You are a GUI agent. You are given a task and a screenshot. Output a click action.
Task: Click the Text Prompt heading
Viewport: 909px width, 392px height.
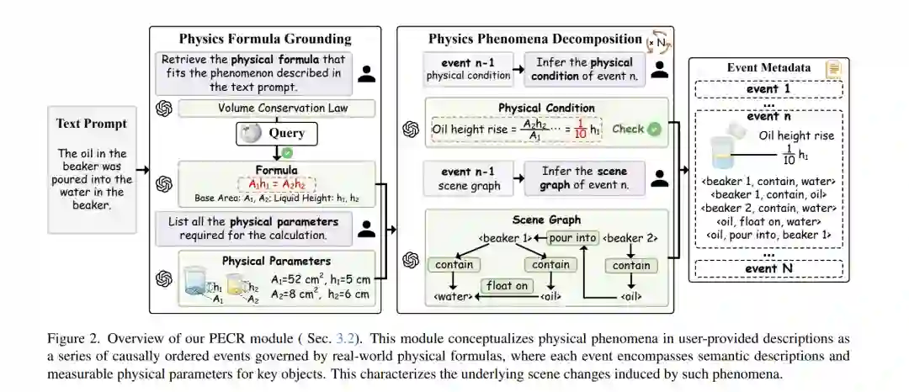92,124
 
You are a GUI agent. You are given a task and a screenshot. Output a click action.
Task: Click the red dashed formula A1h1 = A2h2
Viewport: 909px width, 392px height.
277,184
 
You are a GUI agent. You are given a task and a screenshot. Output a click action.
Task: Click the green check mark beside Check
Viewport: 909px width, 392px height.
654,129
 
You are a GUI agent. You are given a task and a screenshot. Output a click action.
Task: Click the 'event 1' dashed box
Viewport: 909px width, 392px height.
768,89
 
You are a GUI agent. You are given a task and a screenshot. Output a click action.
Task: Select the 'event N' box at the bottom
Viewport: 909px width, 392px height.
768,269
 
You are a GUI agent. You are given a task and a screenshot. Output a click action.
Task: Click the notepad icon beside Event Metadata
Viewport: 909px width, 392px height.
833,69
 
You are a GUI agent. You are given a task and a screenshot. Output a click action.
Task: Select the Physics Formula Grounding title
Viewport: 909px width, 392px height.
265,39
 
